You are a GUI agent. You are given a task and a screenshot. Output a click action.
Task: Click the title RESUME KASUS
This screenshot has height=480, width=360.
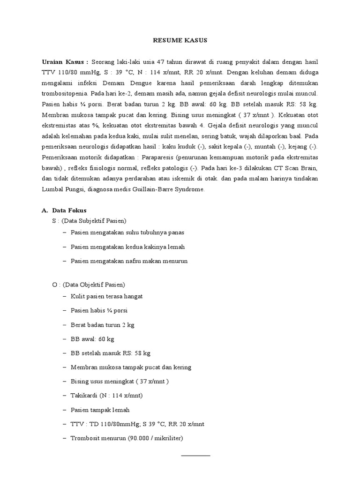(180, 41)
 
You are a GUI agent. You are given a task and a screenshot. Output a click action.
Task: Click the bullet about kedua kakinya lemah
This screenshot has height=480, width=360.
(124, 247)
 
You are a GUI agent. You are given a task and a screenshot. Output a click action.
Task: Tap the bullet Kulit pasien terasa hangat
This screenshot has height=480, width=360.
(107, 297)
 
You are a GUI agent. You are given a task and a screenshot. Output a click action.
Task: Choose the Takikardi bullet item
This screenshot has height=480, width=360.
(107, 395)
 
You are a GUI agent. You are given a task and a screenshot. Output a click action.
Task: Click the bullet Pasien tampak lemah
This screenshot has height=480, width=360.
(100, 410)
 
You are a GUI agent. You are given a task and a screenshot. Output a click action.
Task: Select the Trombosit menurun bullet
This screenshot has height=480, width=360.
(127, 438)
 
